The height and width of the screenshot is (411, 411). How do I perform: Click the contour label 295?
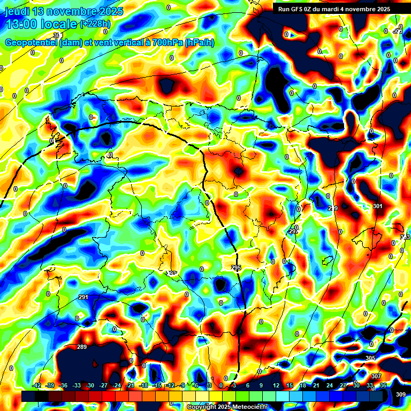[x=236, y=268]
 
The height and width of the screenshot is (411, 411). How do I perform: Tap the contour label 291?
[x=83, y=297]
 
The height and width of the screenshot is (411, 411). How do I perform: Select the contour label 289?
[x=81, y=347]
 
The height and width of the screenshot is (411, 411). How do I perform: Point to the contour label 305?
[x=370, y=357]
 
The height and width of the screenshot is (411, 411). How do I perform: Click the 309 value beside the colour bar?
[x=401, y=395]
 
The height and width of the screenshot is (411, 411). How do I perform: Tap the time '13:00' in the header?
[x=21, y=24]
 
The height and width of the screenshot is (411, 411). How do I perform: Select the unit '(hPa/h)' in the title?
[x=199, y=43]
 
